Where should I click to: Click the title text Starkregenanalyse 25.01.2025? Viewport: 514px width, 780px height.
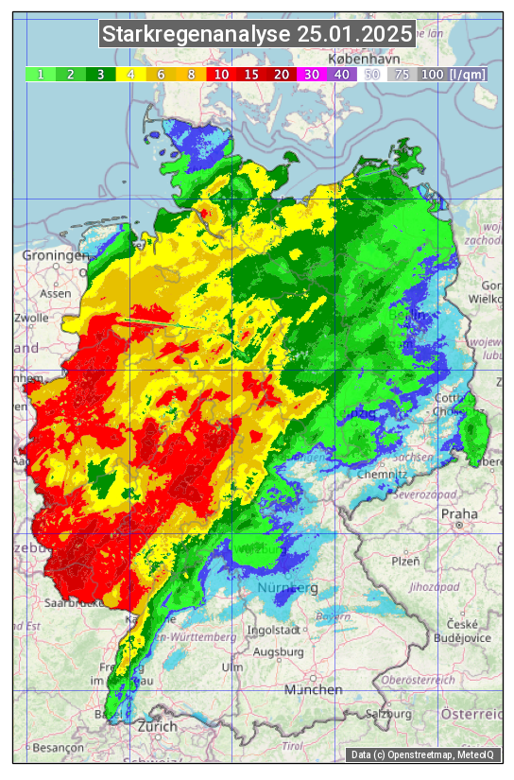[257, 35]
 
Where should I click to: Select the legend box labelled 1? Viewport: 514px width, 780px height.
[41, 74]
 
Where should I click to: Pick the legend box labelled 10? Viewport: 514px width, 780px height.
[221, 74]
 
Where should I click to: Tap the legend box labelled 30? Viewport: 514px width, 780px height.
[311, 74]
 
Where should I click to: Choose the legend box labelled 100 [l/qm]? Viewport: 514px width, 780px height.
[454, 74]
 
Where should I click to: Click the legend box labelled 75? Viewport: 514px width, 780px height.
[402, 74]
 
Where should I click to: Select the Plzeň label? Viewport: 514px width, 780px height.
[405, 561]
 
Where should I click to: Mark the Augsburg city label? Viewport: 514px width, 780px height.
[278, 652]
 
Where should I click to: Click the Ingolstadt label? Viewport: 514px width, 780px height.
[273, 630]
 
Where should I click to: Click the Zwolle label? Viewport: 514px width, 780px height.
[31, 318]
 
